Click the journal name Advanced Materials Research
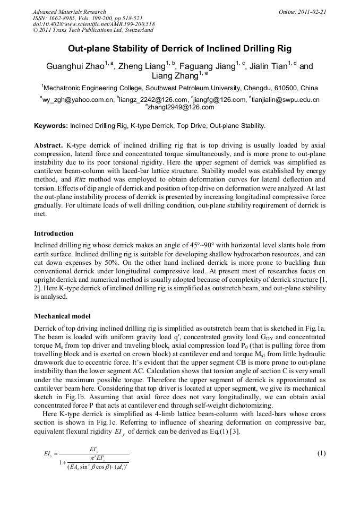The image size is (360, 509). point(70,12)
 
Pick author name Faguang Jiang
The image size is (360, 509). point(210,67)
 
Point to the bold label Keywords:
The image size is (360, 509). point(51,126)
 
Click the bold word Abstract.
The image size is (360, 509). point(48,145)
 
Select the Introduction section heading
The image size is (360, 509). point(54,234)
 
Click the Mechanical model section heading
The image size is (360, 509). point(62,316)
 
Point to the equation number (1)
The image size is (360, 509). point(321,453)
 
